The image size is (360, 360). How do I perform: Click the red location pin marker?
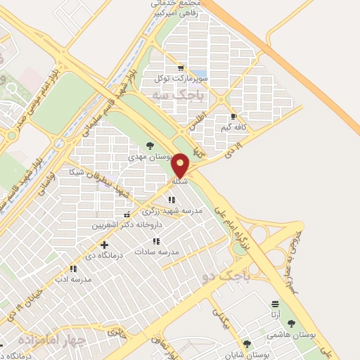[x=181, y=165]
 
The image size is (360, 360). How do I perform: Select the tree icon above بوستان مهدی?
[x=149, y=145]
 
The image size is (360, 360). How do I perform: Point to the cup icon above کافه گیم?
[x=234, y=117]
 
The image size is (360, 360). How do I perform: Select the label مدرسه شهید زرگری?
[x=172, y=210]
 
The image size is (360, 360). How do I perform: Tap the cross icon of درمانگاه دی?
[x=105, y=245]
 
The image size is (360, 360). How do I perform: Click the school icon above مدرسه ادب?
[x=73, y=269]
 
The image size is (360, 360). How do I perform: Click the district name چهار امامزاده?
[x=59, y=340]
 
